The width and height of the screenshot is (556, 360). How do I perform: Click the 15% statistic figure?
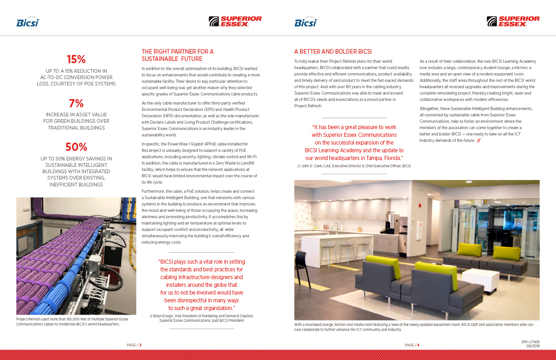76,60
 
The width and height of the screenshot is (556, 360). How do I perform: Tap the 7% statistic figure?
76,103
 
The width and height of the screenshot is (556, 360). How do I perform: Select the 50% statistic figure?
76,147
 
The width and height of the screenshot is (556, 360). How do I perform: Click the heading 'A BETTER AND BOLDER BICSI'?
333,52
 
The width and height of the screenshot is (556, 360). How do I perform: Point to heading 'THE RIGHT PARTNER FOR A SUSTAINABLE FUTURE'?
177,55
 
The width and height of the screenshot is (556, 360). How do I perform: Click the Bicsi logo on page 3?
28,22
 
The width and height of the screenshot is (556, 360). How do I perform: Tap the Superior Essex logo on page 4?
513,21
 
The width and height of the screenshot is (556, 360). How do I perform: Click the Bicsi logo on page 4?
306,22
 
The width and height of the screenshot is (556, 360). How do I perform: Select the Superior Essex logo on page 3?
235,21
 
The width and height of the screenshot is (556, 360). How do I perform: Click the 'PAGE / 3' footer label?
134,345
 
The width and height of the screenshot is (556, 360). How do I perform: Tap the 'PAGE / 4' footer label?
412,345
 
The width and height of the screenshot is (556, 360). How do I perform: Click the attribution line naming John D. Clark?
354,166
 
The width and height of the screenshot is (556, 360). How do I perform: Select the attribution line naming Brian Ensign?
202,318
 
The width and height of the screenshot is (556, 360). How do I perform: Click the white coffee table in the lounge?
480,279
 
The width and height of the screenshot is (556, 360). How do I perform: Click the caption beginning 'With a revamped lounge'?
413,327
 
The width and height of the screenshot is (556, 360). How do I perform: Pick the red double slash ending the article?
479,140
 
